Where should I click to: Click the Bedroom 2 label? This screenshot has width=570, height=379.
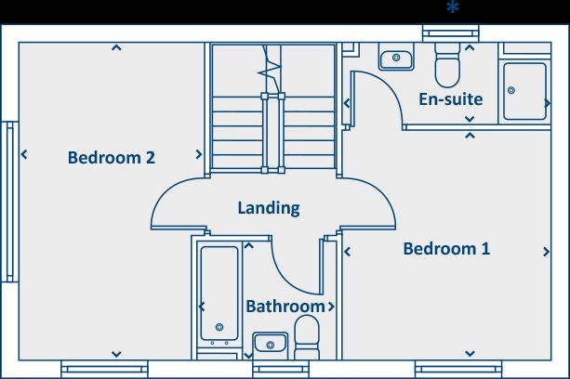coord(112,158)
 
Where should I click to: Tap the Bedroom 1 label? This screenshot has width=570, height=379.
coord(446,249)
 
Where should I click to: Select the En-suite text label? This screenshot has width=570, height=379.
coord(451,99)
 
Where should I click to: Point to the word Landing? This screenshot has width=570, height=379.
coord(269,208)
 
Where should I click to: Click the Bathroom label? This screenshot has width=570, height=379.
coord(285,307)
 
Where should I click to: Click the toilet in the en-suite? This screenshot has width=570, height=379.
coord(447,65)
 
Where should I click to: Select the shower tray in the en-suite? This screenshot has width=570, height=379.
coord(524,91)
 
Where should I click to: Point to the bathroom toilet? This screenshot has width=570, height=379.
coord(307,337)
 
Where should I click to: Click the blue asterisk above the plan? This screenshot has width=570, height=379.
coord(453,7)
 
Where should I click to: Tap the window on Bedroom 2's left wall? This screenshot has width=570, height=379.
coord(10,202)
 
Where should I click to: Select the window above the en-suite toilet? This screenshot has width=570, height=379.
coord(451,33)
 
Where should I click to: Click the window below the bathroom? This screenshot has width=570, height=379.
coord(281,369)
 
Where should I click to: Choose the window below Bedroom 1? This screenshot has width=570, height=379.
coord(458,369)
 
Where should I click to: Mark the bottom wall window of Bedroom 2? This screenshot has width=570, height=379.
coord(105,369)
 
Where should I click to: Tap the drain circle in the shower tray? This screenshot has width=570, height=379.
coord(511,90)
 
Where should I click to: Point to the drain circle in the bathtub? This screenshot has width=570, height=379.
coord(219,327)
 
